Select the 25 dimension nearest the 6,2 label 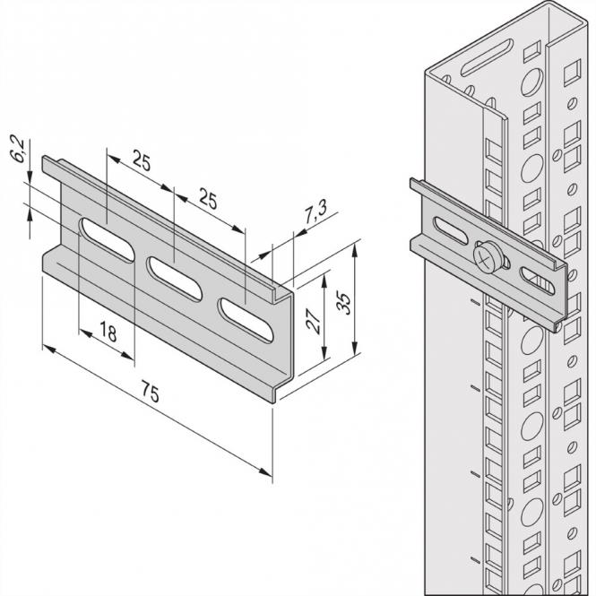[141, 161]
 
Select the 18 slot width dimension [108, 333]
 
